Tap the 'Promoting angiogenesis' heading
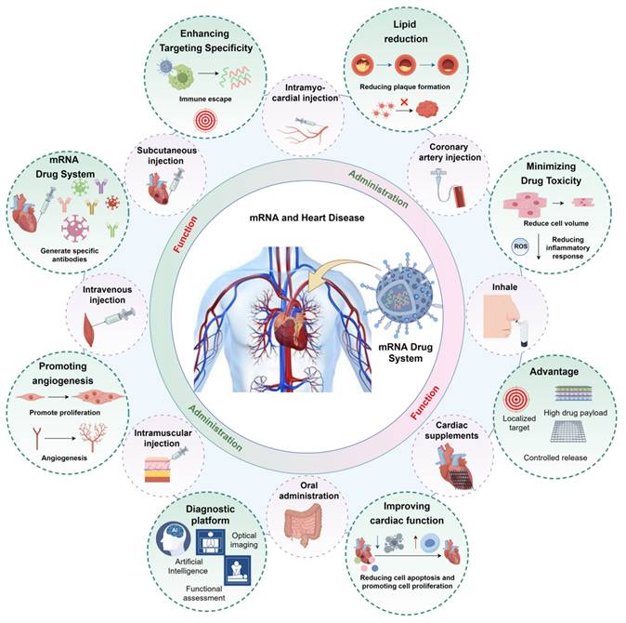tap(60, 364)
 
